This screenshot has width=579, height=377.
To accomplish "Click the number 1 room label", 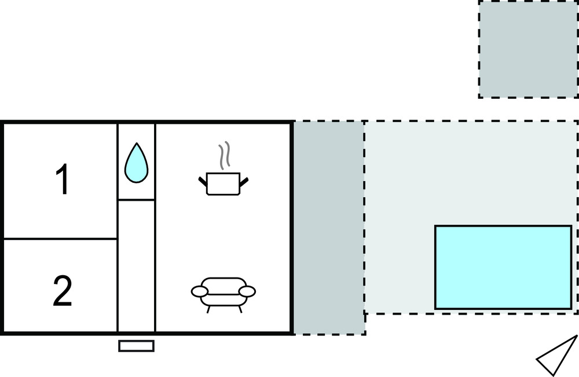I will click(62, 180).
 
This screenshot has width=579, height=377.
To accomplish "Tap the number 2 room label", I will click(62, 291).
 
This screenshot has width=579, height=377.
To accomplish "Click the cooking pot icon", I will click(223, 184).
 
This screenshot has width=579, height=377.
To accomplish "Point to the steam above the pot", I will click(224, 155).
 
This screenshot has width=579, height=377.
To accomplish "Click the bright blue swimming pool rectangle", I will click(503, 267).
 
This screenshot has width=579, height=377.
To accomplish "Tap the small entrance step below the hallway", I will click(136, 346).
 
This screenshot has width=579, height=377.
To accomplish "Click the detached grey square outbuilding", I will click(528, 49).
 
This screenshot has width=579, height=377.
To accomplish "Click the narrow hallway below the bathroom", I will click(137, 266).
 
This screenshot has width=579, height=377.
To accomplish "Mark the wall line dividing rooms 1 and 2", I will click(60, 238).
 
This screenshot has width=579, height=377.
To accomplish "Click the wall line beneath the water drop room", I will click(137, 200).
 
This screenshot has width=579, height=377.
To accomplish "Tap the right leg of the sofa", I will click(240, 308).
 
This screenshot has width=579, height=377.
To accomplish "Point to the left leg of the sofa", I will click(208, 308).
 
